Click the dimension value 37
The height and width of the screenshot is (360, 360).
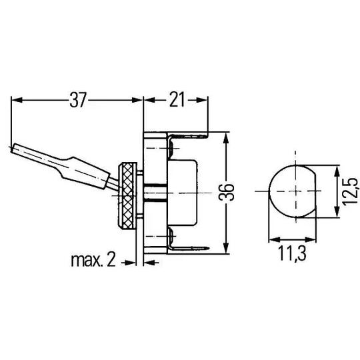(78, 100)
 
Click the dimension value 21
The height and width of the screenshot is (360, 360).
(177, 100)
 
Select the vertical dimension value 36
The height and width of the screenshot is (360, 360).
(227, 192)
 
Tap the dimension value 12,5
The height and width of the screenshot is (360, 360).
(351, 191)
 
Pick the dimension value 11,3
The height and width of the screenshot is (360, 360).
(292, 253)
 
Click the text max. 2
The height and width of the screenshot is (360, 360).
(93, 261)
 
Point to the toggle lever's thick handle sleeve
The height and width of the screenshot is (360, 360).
(84, 173)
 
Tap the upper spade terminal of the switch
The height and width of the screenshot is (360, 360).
(187, 137)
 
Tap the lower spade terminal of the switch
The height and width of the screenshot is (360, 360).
(188, 249)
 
